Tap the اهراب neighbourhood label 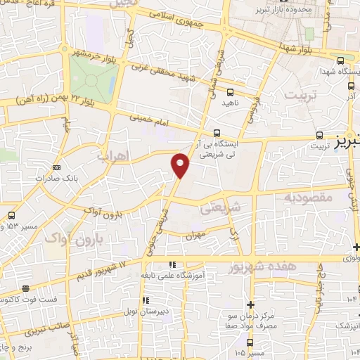[132, 157]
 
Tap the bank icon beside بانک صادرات [56, 167]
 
